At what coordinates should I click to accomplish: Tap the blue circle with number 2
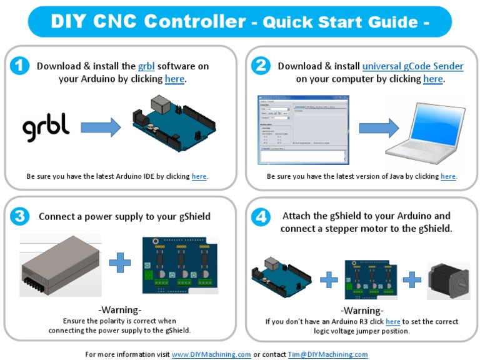261,66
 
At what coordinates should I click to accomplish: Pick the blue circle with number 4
261,217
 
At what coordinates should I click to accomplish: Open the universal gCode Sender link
412,66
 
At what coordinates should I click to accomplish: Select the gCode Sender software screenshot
303,130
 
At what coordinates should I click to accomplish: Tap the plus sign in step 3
119,262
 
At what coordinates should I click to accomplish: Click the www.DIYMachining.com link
211,354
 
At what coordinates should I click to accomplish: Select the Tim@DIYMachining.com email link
327,354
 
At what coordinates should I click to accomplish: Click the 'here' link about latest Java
448,177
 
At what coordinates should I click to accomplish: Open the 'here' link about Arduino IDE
199,177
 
